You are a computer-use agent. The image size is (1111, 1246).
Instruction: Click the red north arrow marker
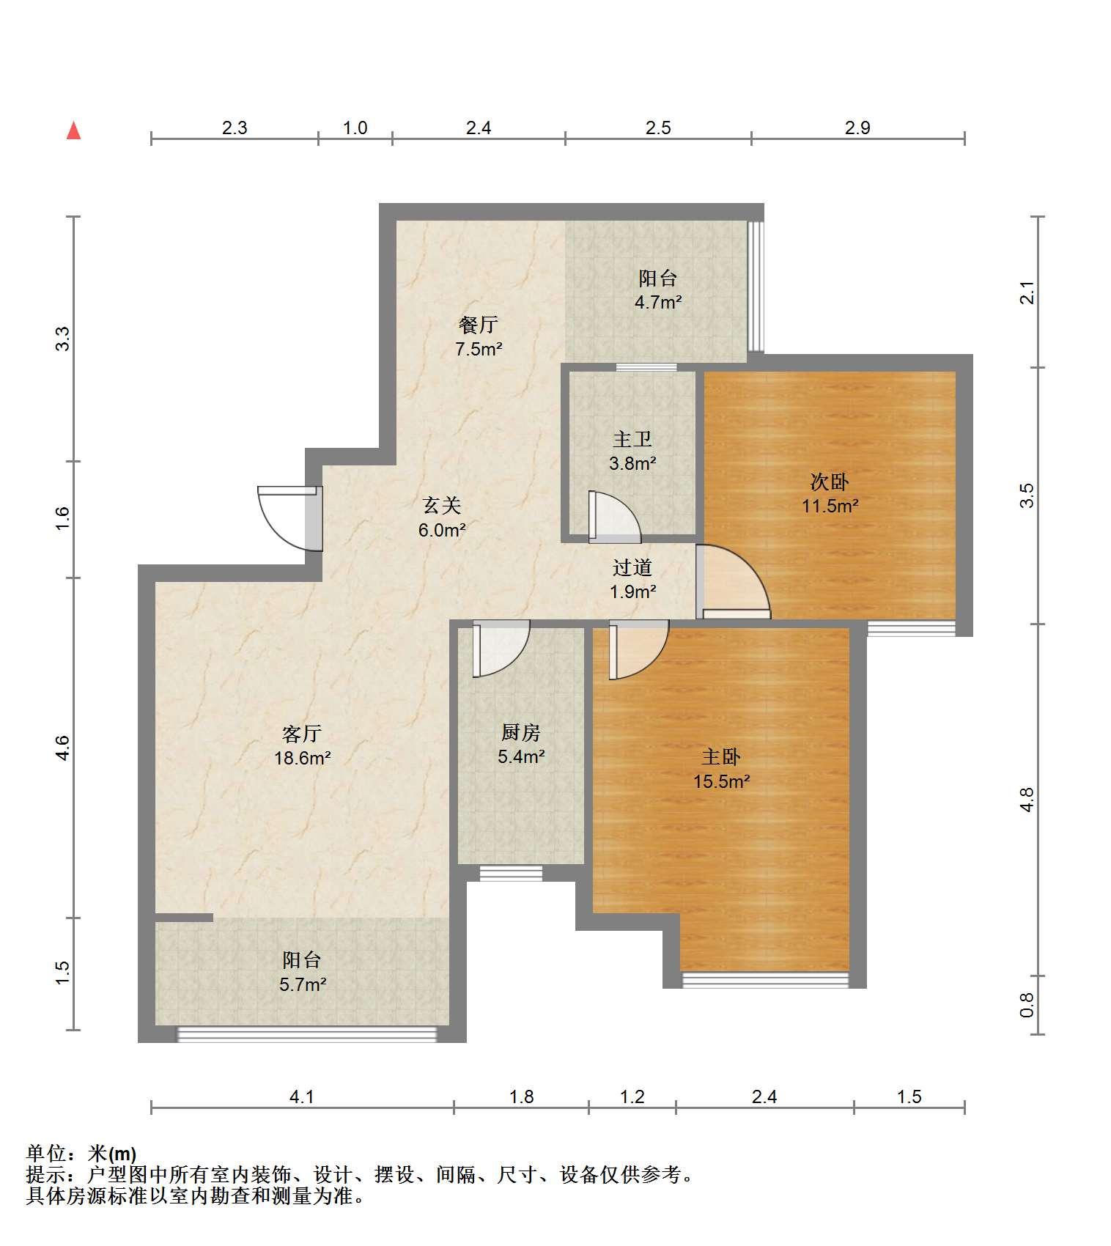[x=73, y=130]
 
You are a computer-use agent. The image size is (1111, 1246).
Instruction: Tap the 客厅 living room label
[x=302, y=734]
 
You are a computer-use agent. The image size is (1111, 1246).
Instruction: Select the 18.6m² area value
[x=303, y=758]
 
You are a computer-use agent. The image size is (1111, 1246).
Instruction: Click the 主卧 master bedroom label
[x=721, y=757]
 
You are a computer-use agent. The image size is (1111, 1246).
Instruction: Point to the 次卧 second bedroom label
[x=830, y=482]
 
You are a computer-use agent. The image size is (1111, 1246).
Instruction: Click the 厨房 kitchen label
[x=521, y=731]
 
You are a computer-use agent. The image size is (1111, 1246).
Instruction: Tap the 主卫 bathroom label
[x=632, y=439]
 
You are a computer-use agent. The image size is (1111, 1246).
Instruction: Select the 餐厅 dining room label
[x=479, y=324]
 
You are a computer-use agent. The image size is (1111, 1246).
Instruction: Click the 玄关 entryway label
[x=442, y=505]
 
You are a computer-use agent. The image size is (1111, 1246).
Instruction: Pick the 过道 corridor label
[x=632, y=567]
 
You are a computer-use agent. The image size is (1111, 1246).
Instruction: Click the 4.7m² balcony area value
[x=658, y=302]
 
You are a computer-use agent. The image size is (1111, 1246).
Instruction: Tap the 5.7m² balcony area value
[x=303, y=984]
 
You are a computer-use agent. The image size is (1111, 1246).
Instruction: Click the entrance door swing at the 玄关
[x=289, y=517]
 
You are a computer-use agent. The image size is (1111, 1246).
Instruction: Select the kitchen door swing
[x=501, y=649]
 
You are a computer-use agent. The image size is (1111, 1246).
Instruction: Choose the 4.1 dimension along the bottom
[x=302, y=1096]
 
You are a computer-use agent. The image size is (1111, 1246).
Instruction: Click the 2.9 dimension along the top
[x=857, y=128]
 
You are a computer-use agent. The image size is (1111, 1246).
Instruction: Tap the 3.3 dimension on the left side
[x=63, y=338]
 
